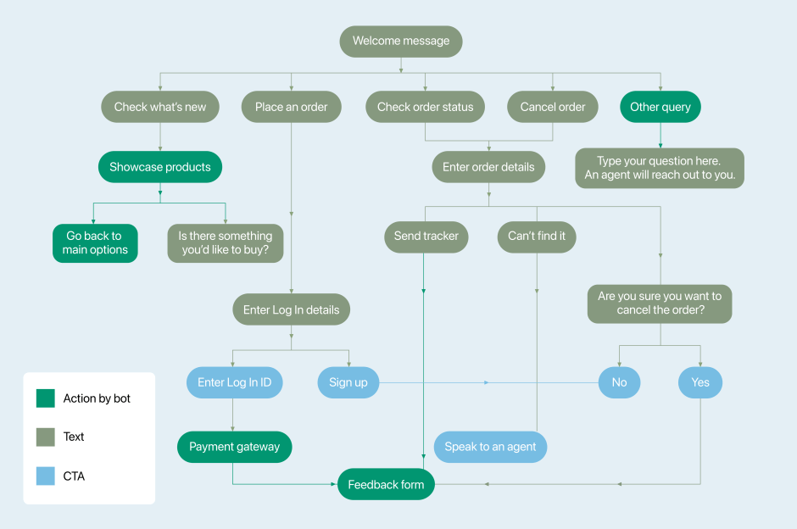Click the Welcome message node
(401, 41)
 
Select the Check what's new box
(160, 107)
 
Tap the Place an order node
(291, 107)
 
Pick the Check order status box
(425, 107)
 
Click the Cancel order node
(553, 107)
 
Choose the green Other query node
(660, 107)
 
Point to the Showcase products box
(159, 167)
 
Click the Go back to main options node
(95, 242)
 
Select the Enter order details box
(488, 167)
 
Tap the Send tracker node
(426, 236)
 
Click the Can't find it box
(537, 236)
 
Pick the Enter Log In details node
(291, 309)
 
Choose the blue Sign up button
(348, 382)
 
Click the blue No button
(619, 382)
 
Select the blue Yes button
(700, 382)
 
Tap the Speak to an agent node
(490, 447)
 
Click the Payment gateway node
(234, 447)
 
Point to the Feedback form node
(386, 484)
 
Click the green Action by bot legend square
(46, 398)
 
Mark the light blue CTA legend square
(46, 476)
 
